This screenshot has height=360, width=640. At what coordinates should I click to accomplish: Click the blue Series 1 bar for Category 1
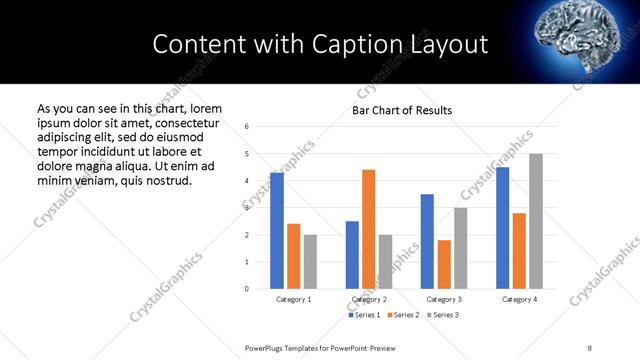(x=277, y=231)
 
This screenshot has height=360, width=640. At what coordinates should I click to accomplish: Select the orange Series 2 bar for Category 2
(x=368, y=229)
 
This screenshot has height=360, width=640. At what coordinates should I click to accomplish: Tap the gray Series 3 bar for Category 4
(x=536, y=221)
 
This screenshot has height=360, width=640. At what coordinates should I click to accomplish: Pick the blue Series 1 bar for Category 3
(x=427, y=241)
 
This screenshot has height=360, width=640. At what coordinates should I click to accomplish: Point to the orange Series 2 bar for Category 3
(x=444, y=264)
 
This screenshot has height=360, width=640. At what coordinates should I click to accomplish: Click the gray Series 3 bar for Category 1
(x=310, y=262)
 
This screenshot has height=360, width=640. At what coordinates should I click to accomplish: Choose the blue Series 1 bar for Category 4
(x=502, y=228)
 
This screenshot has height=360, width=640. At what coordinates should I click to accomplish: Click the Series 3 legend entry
(x=444, y=315)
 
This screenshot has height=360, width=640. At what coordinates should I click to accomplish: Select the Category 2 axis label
(x=369, y=299)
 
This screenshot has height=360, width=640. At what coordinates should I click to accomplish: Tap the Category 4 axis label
(x=519, y=299)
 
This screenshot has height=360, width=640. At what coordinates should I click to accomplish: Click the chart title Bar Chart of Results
(x=402, y=110)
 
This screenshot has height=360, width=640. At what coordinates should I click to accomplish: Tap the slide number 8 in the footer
(x=590, y=346)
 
